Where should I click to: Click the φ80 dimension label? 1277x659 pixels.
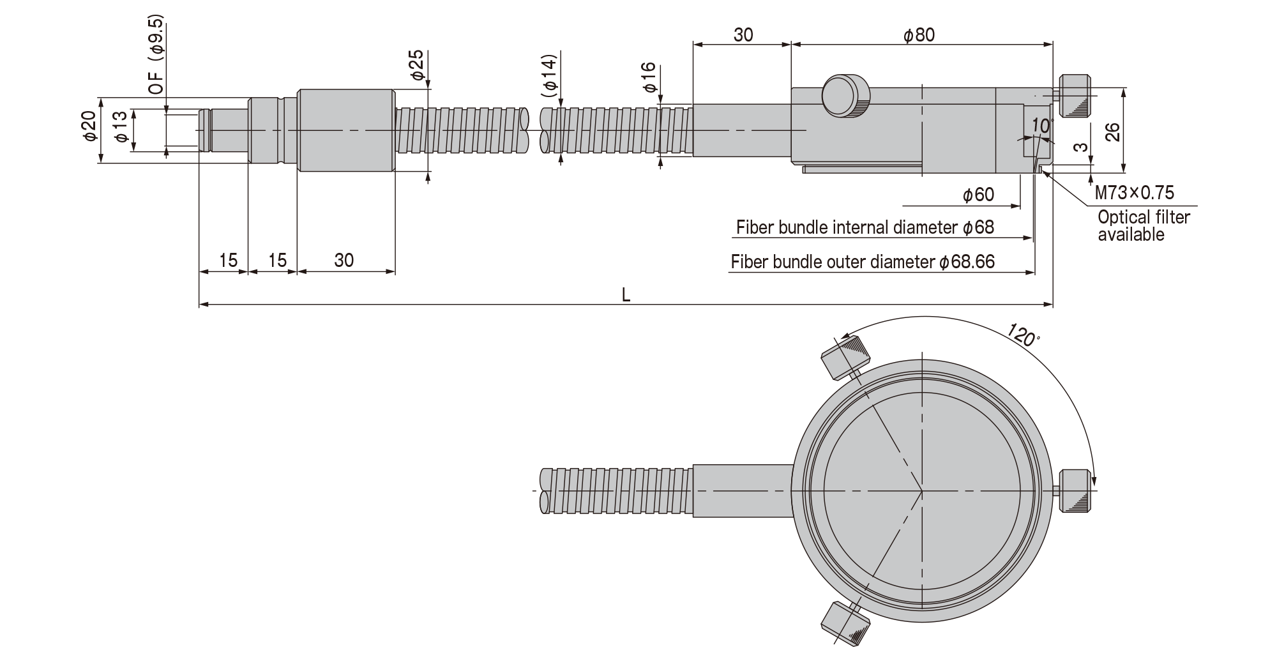coord(919,35)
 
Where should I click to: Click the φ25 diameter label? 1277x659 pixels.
coord(416,64)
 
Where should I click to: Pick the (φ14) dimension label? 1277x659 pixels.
coord(549,76)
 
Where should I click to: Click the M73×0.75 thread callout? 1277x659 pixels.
coord(1135,192)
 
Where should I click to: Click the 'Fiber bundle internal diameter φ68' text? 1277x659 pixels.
coord(865,227)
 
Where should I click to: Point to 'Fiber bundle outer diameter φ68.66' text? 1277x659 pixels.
coord(863,262)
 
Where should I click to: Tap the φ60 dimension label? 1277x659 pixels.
coord(978,194)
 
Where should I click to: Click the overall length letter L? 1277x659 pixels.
coord(626,294)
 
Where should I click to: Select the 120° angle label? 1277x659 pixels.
coord(1024,335)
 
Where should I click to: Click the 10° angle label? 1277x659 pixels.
coord(1041,125)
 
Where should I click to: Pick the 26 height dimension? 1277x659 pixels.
coord(1112,132)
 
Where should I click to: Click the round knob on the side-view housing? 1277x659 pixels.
coord(846,96)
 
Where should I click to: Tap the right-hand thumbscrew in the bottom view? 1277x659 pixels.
coord(1075,491)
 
